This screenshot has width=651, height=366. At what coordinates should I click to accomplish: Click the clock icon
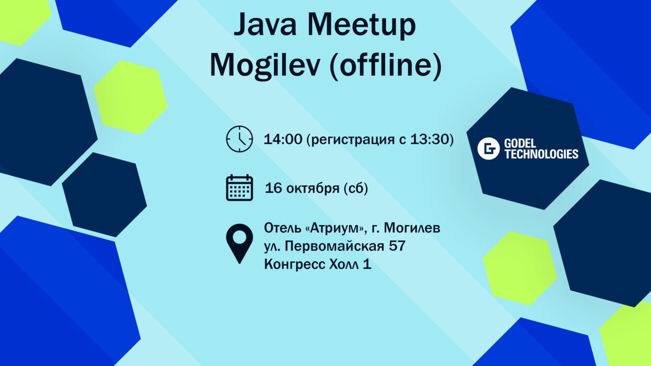(240, 139)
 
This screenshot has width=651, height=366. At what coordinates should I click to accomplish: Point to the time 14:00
(283, 139)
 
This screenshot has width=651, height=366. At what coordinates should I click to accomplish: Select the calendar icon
(240, 188)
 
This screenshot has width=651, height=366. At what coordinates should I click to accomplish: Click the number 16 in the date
(273, 188)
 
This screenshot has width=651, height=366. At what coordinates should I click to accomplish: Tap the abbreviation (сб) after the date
(355, 189)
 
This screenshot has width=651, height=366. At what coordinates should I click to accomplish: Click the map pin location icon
(239, 243)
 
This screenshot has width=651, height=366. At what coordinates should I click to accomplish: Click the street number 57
(396, 246)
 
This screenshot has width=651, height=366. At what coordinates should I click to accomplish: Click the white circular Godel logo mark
(489, 149)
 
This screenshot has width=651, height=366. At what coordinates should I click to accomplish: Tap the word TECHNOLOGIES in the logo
(541, 154)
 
